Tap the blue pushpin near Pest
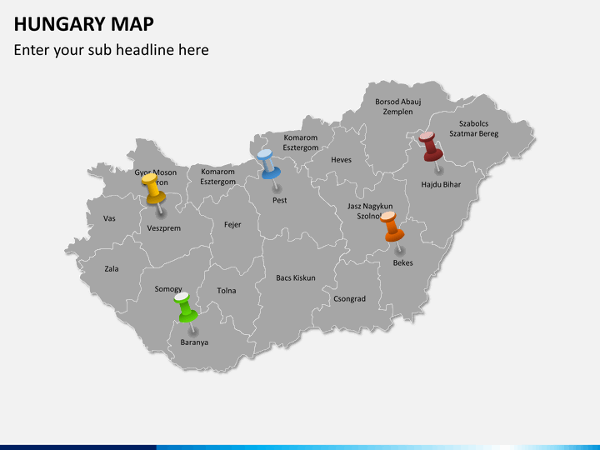[267, 164]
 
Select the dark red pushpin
[430, 146]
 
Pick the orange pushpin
[393, 227]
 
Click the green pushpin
[185, 307]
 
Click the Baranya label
[194, 342]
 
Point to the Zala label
[112, 269]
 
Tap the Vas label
[109, 218]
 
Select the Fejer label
[232, 224]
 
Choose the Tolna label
[227, 291]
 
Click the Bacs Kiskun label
[296, 277]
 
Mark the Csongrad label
[349, 298]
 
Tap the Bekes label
[402, 263]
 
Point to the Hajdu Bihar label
[440, 184]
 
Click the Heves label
[341, 160]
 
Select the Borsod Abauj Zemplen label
[397, 107]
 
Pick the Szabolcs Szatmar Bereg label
[473, 128]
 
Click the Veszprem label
[163, 228]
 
